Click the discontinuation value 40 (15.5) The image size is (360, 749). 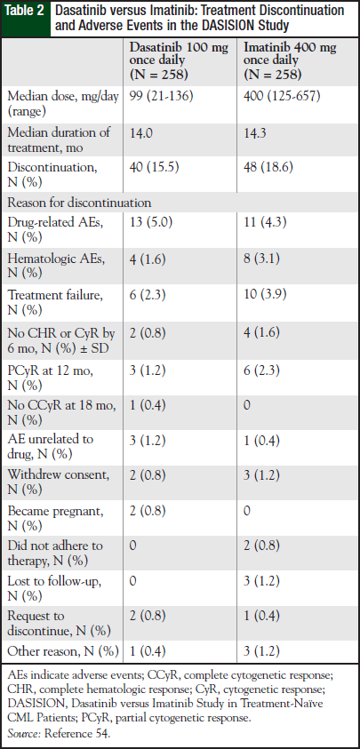(155, 165)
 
